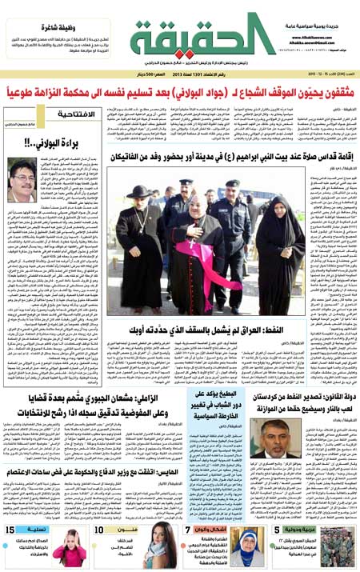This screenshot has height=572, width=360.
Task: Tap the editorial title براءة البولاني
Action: click(39, 144)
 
